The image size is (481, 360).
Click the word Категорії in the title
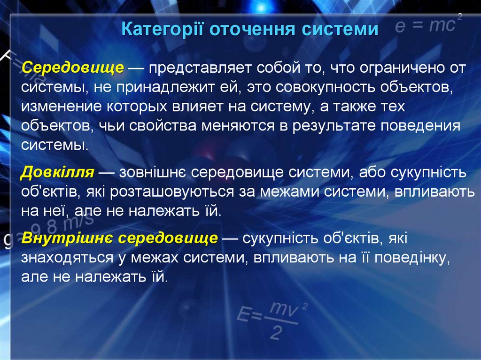[x=161, y=29]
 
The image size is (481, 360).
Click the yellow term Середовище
[x=73, y=68]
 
